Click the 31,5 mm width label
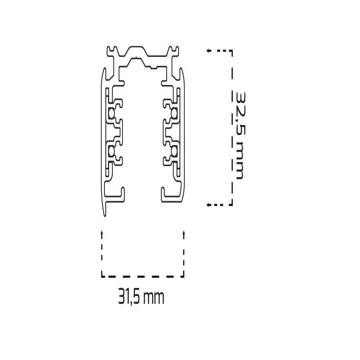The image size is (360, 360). pos(141,298)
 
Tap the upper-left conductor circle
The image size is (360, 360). pos(112,113)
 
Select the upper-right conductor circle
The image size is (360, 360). pos(174,113)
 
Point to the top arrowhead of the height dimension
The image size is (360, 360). pos(208,51)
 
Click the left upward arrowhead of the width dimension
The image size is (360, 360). pos(102,233)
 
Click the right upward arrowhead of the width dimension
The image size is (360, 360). pos(184,233)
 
